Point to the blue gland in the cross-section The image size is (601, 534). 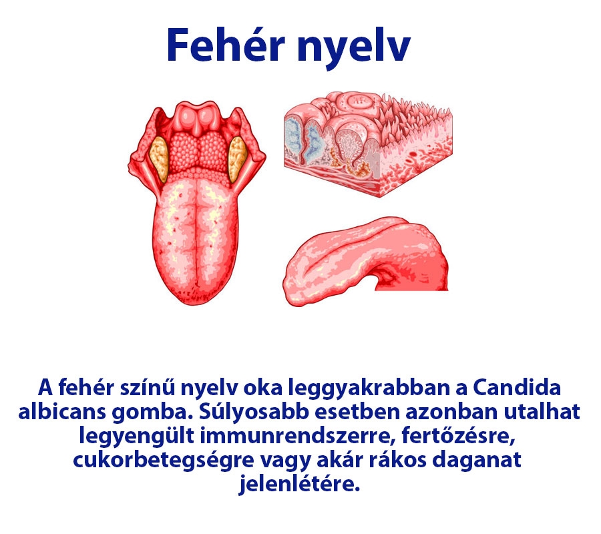(298, 137)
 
